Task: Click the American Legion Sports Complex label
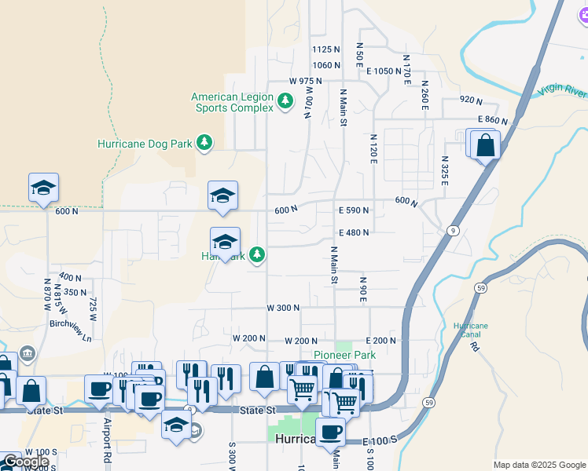pyautogui.click(x=232, y=102)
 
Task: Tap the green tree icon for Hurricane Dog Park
pyautogui.click(x=204, y=142)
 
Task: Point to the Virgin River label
pyautogui.click(x=563, y=89)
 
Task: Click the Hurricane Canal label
pyautogui.click(x=470, y=330)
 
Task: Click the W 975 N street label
pyautogui.click(x=306, y=81)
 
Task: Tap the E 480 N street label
pyautogui.click(x=354, y=232)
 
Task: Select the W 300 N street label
pyautogui.click(x=283, y=309)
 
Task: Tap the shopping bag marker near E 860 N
pyautogui.click(x=486, y=145)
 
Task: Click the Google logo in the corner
pyautogui.click(x=25, y=462)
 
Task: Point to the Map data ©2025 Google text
pyautogui.click(x=538, y=465)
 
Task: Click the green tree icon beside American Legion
pyautogui.click(x=286, y=100)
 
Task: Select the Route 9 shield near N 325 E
pyautogui.click(x=454, y=230)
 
